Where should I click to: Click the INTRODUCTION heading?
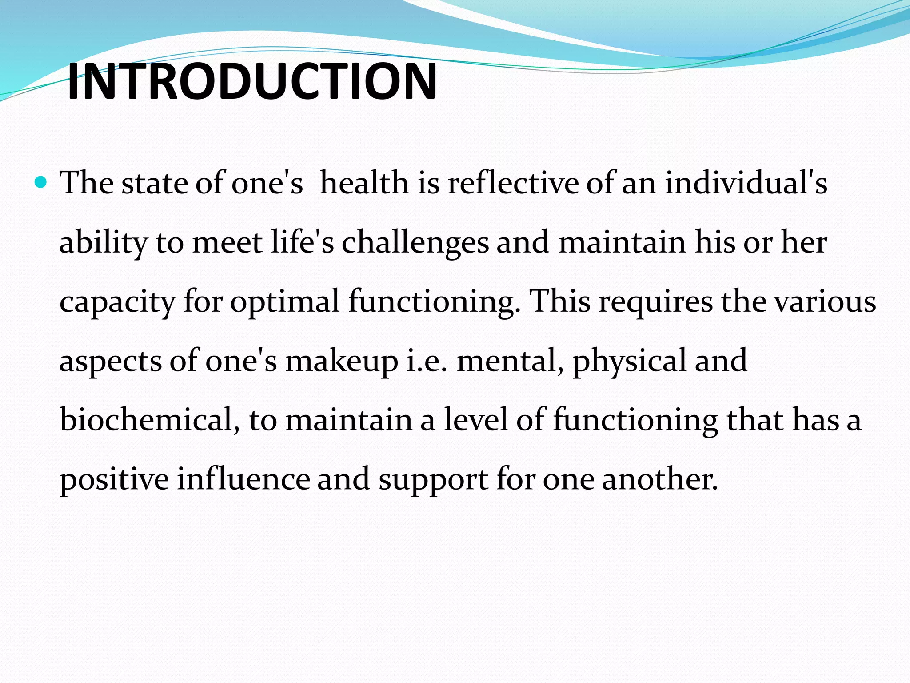(x=252, y=81)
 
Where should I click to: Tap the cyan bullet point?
(x=40, y=182)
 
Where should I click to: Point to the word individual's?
(x=746, y=183)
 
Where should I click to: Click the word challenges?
(x=415, y=243)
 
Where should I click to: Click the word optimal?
(x=285, y=302)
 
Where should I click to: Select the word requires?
(x=656, y=302)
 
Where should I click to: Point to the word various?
(x=825, y=302)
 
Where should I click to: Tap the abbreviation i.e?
(x=426, y=361)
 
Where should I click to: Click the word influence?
(x=243, y=479)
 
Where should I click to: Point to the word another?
(x=660, y=479)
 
